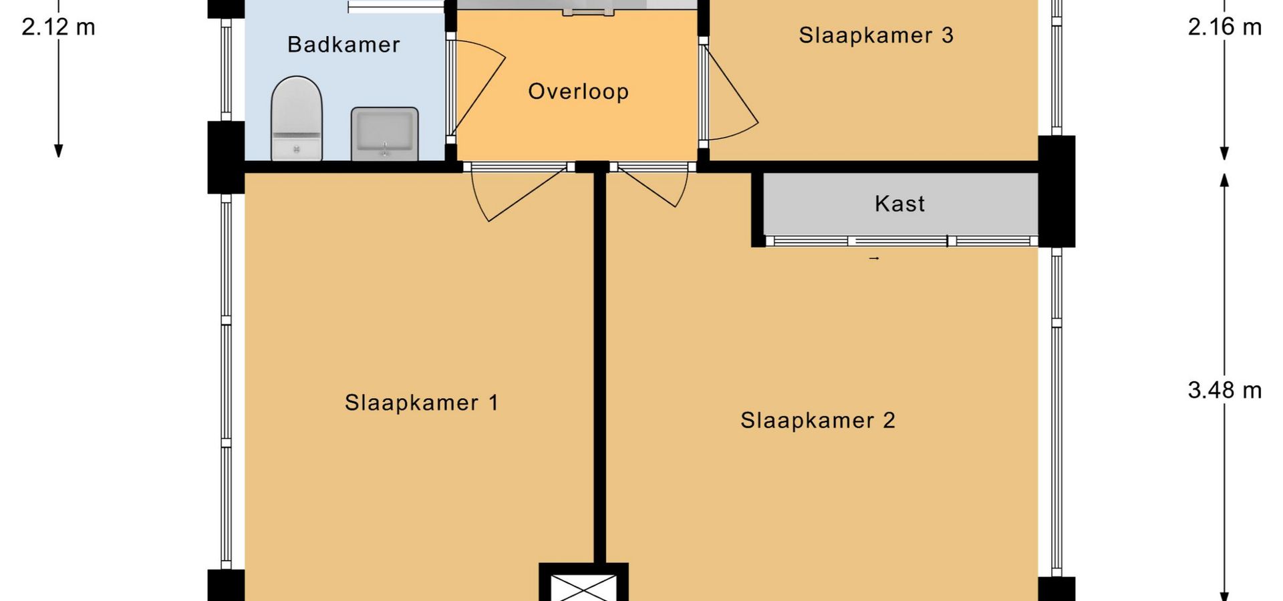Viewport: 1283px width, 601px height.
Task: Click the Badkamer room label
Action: click(x=343, y=45)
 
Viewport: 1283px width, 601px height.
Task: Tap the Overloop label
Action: click(x=578, y=91)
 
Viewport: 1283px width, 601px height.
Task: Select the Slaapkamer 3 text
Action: click(x=876, y=35)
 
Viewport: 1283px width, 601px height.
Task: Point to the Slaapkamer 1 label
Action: click(x=421, y=403)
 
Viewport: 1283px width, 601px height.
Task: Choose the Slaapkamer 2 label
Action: click(x=817, y=420)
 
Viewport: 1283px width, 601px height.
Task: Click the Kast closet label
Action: click(x=899, y=204)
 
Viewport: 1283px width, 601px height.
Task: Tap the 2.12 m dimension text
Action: click(x=59, y=27)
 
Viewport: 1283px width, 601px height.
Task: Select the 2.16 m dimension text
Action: click(x=1224, y=27)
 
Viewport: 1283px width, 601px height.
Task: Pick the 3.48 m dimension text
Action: click(x=1224, y=390)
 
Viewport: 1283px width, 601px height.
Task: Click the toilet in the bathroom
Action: click(x=297, y=119)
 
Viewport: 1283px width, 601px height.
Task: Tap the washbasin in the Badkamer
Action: click(x=384, y=133)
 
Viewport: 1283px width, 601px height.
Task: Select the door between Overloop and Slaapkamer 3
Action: click(x=728, y=93)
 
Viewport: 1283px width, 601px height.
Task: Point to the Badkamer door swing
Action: click(x=478, y=87)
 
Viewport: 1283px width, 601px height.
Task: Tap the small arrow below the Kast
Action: click(x=874, y=258)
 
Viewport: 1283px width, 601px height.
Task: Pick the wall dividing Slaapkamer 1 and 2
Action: click(x=599, y=367)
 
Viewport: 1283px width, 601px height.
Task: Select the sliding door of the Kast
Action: click(x=901, y=241)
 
